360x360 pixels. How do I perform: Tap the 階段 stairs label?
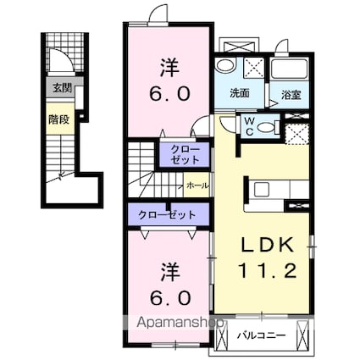click(x=58, y=119)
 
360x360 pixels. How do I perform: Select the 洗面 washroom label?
click(x=240, y=93)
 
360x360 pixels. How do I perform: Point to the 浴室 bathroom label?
click(x=291, y=95)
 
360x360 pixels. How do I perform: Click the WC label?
click(x=249, y=126)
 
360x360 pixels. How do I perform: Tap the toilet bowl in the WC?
click(x=266, y=127)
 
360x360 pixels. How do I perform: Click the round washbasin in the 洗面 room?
click(x=224, y=66)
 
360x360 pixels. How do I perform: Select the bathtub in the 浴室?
click(x=290, y=69)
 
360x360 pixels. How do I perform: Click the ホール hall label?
click(x=197, y=186)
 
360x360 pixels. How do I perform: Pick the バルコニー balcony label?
click(x=261, y=335)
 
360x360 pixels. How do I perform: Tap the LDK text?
click(x=267, y=245)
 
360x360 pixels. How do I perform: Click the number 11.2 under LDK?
click(x=268, y=270)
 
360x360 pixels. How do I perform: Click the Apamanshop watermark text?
click(x=180, y=322)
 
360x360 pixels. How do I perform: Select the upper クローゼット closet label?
click(x=185, y=155)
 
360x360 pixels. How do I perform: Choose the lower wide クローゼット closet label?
click(x=167, y=215)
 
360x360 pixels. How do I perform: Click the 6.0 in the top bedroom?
click(x=169, y=94)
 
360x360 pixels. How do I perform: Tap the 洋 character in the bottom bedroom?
click(x=170, y=272)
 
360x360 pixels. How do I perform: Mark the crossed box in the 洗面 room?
click(x=254, y=68)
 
